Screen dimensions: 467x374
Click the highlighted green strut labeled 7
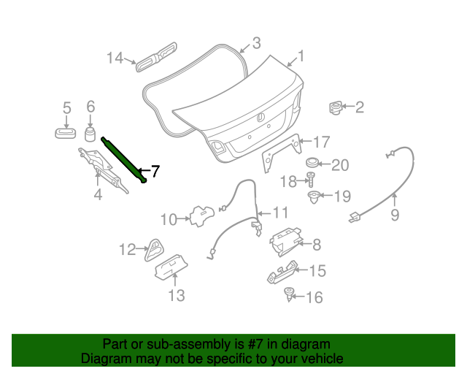123,159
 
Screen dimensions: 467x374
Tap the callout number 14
115,58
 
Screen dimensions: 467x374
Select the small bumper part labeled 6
90,134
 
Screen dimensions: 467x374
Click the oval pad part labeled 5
65,133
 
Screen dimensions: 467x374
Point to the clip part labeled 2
336,107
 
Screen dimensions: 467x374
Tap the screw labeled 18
312,179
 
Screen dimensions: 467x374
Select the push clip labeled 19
314,197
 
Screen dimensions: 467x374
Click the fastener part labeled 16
288,294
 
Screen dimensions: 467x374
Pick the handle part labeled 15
282,272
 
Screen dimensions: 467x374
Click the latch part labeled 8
285,242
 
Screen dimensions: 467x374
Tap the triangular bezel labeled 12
155,251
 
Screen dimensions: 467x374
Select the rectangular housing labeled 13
171,267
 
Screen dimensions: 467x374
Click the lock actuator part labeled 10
202,215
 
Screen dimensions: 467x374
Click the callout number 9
395,215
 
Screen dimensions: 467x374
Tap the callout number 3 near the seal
256,43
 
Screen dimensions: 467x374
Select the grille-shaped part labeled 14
156,57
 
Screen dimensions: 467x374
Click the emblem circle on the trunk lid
260,117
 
